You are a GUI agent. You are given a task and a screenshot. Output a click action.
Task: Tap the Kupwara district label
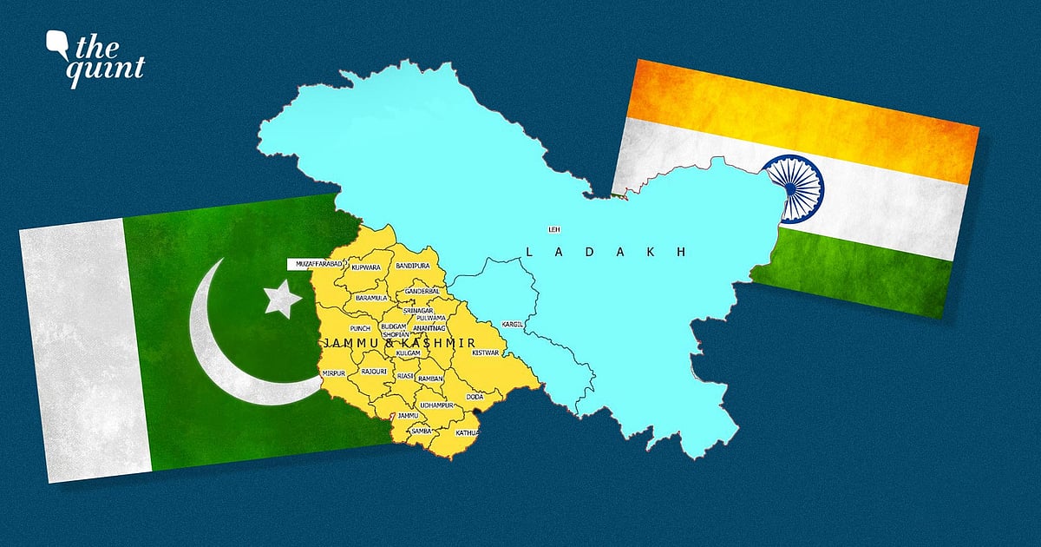pyautogui.click(x=366, y=267)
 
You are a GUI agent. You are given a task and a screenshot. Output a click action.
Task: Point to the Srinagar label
pyautogui.click(x=418, y=310)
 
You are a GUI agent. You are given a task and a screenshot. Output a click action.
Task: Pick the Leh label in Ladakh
pyautogui.click(x=553, y=229)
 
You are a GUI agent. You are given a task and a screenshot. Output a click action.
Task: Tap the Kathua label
pyautogui.click(x=467, y=432)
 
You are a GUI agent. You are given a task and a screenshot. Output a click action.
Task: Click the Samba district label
pyautogui.click(x=422, y=432)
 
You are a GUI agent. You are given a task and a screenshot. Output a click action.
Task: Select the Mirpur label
pyautogui.click(x=334, y=372)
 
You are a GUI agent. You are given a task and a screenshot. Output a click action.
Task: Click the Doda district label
pyautogui.click(x=475, y=397)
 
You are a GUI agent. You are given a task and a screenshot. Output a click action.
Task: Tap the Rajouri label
pyautogui.click(x=374, y=372)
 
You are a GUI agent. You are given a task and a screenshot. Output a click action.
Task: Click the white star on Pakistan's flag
pyautogui.click(x=282, y=298)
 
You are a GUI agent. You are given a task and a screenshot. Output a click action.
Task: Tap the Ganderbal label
pyautogui.click(x=425, y=290)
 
